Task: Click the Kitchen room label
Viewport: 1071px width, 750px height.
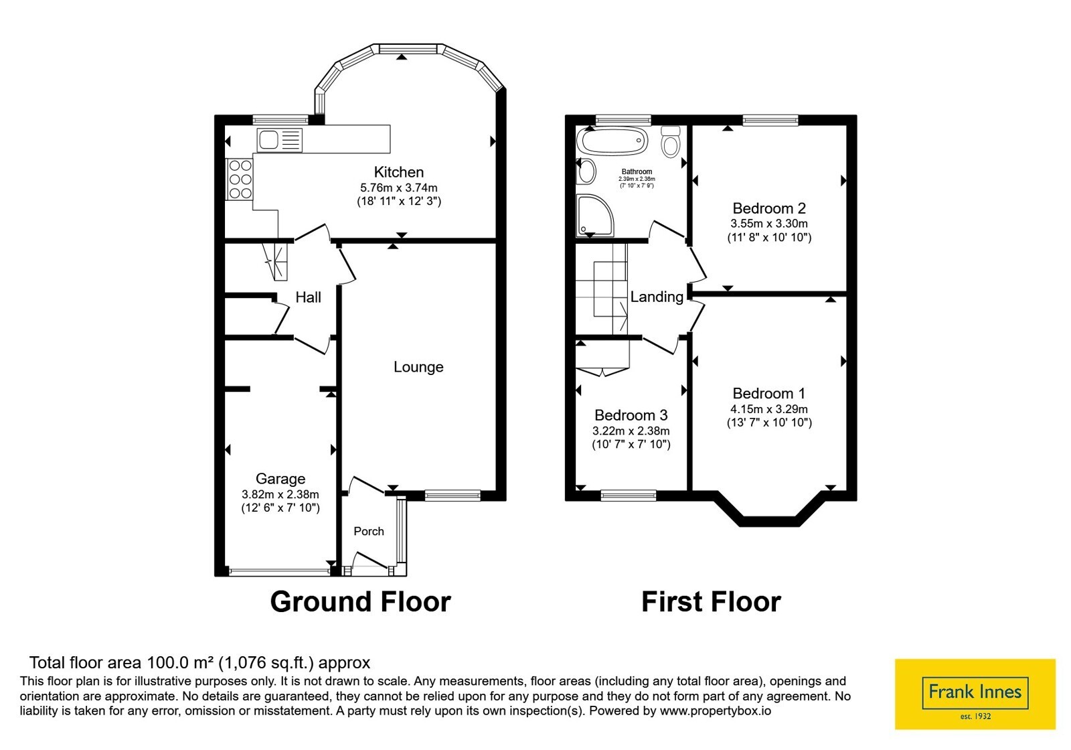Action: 399,172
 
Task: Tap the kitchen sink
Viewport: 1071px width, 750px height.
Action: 280,140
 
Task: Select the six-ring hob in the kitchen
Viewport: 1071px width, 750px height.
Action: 240,179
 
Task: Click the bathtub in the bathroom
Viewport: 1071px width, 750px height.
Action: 612,141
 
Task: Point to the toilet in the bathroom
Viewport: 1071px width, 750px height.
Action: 671,141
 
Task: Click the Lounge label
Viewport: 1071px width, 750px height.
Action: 418,367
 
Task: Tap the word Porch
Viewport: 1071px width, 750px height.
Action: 369,531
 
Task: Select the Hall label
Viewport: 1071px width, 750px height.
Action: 308,297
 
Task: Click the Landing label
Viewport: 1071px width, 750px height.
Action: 657,297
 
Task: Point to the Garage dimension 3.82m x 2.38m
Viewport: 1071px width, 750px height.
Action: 280,494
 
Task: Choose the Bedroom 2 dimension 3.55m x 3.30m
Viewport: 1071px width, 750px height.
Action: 769,224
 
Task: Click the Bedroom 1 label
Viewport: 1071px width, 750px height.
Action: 769,393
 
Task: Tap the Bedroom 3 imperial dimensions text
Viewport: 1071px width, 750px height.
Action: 631,445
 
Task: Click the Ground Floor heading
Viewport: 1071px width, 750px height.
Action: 361,601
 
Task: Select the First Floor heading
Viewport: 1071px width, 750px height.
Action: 711,601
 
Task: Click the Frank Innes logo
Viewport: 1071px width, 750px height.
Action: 975,694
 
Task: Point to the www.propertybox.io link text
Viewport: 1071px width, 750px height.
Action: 716,710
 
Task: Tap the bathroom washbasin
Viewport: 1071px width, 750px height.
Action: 586,171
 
